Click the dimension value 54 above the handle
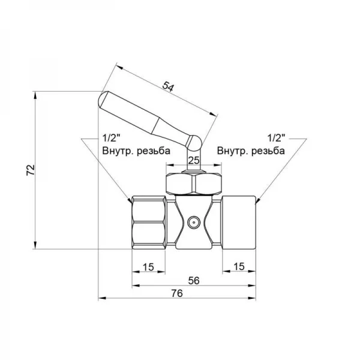click(x=169, y=87)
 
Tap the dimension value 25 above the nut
click(x=193, y=160)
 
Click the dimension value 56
click(x=193, y=279)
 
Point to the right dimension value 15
click(x=238, y=266)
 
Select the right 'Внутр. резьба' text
click(x=251, y=150)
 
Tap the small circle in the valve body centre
click(x=193, y=223)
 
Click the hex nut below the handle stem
click(x=193, y=184)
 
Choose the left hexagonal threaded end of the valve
click(x=148, y=223)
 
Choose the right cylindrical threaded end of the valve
click(x=238, y=223)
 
